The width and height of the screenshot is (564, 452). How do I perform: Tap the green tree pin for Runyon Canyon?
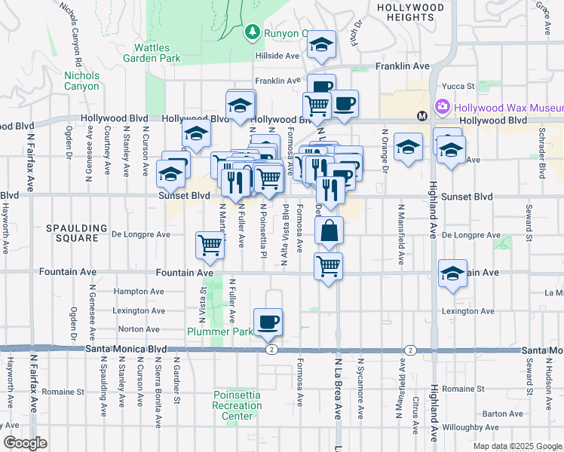(x=252, y=32)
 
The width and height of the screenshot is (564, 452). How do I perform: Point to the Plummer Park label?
(x=220, y=331)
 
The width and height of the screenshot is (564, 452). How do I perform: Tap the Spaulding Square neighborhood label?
(x=72, y=233)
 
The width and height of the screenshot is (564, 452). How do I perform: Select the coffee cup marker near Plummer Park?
(x=268, y=323)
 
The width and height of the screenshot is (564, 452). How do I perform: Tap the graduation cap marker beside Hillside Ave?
(x=321, y=47)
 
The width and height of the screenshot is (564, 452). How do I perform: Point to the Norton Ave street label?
(x=139, y=329)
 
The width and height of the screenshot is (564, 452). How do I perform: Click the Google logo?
(x=25, y=443)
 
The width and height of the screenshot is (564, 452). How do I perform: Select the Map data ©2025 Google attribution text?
(x=517, y=446)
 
